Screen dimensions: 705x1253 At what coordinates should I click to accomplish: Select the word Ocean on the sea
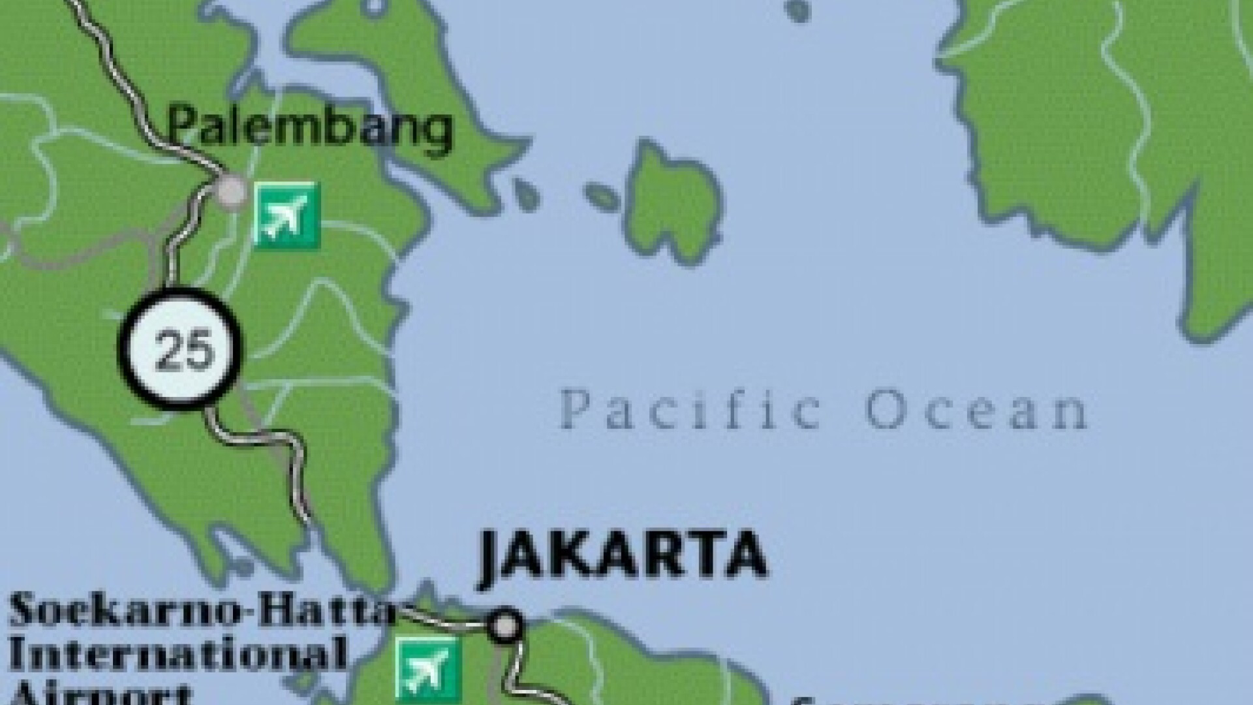(976, 410)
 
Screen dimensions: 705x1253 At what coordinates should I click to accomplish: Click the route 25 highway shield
(179, 349)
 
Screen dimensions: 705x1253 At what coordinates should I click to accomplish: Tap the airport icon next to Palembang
(286, 215)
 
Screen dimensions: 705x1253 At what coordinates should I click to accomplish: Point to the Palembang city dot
(230, 191)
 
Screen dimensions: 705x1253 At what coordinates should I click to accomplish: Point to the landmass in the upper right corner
(1109, 131)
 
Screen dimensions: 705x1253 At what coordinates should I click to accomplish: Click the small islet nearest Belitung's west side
(602, 195)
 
